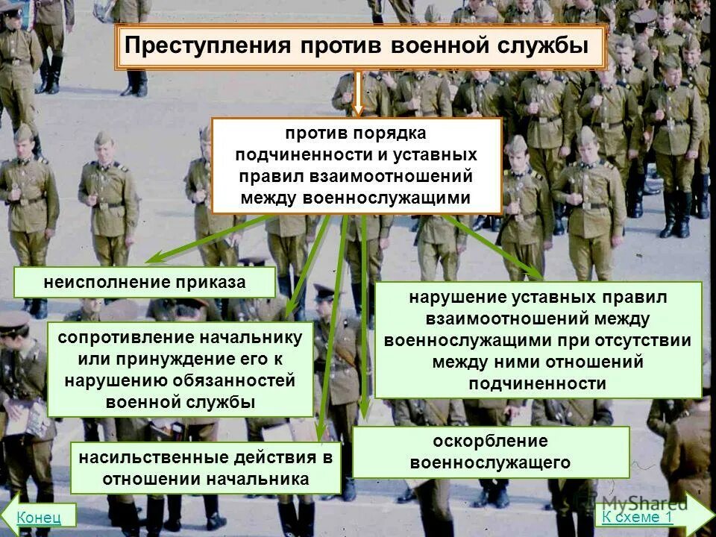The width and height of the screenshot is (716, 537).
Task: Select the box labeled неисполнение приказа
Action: pos(145,283)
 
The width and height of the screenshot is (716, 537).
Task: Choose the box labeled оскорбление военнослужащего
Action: pos(491,451)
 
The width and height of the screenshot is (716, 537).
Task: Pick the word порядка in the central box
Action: pos(389,134)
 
